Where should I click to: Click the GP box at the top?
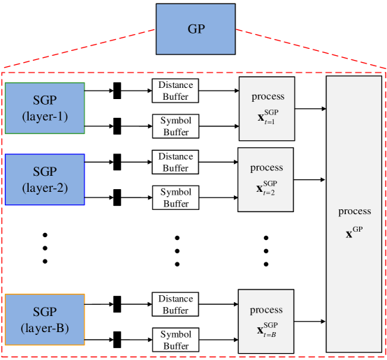[x=196, y=29]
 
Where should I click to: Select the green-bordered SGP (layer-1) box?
[x=45, y=108]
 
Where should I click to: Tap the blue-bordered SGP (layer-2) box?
[x=45, y=179]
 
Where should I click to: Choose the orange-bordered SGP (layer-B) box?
[x=45, y=320]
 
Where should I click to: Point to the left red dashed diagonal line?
[x=78, y=50]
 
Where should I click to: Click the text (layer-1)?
[x=45, y=117]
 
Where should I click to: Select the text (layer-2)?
[x=45, y=188]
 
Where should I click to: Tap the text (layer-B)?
[x=45, y=327]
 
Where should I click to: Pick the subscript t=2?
[x=270, y=193]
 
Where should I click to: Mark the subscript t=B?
[x=270, y=336]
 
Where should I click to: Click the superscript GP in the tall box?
[x=358, y=228]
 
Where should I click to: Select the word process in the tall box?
[x=354, y=211]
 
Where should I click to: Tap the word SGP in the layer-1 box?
[x=45, y=100]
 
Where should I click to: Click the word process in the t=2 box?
[x=266, y=167]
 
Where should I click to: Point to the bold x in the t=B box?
[x=260, y=330]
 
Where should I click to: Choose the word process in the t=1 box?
[x=268, y=96]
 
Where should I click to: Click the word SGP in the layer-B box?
[x=45, y=312]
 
